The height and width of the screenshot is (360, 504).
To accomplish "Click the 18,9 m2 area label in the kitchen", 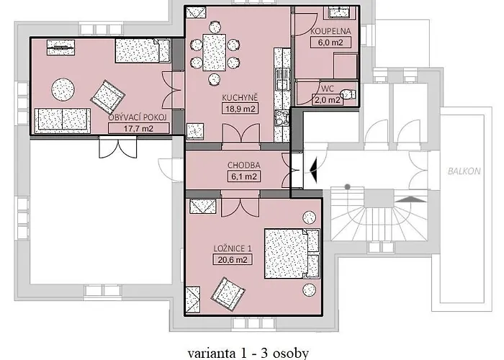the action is [240, 109].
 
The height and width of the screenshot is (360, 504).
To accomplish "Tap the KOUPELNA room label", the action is [330, 31].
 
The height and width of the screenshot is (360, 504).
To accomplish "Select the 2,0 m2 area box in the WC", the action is [327, 99].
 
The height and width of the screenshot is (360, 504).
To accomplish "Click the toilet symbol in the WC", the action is [348, 94].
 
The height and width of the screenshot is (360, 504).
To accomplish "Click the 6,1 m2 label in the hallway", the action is [244, 176].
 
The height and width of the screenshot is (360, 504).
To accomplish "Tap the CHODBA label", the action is [244, 165].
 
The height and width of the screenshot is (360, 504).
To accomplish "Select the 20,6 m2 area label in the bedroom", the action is [233, 259].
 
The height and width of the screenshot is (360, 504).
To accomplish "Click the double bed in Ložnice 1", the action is [292, 253].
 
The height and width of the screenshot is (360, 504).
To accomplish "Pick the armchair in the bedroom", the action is [228, 294].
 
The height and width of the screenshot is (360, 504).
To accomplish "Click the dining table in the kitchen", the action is [214, 53].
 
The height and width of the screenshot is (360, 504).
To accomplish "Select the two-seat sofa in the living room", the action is [63, 120].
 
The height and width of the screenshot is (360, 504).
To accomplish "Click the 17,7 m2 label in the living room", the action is [138, 128].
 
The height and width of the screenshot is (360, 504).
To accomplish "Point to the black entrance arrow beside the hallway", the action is [313, 168].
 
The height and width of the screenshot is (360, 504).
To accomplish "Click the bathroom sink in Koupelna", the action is [342, 12].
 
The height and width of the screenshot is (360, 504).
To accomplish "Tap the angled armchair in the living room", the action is [108, 96].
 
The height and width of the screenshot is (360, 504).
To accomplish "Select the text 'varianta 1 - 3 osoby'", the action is [248, 353].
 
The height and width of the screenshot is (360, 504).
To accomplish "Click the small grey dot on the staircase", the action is [348, 186].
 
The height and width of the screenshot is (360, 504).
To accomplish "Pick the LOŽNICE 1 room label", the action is [233, 248].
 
